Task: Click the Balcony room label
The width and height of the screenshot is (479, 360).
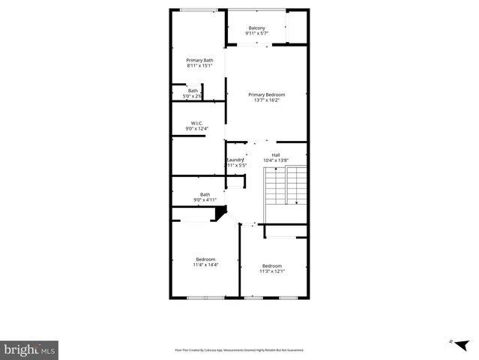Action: point(257,28)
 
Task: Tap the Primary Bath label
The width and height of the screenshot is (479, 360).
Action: point(199,60)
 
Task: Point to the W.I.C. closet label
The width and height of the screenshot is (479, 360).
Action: point(197,123)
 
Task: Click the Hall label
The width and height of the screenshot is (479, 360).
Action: point(276,154)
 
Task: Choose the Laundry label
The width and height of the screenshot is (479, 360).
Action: point(235,160)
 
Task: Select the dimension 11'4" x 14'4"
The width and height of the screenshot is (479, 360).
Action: point(205,265)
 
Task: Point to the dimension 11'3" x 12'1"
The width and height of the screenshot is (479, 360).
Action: point(272,271)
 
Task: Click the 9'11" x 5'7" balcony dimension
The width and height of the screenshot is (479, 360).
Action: point(257,34)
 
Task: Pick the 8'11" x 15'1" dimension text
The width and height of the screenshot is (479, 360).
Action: point(199,66)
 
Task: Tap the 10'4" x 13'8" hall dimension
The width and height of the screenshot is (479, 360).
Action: point(276,160)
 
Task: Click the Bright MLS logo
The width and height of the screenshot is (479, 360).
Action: point(30,349)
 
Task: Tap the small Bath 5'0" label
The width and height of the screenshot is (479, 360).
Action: point(193,91)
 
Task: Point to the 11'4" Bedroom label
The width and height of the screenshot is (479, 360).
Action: point(205,259)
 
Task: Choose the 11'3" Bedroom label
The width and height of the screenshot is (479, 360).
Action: point(272,265)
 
